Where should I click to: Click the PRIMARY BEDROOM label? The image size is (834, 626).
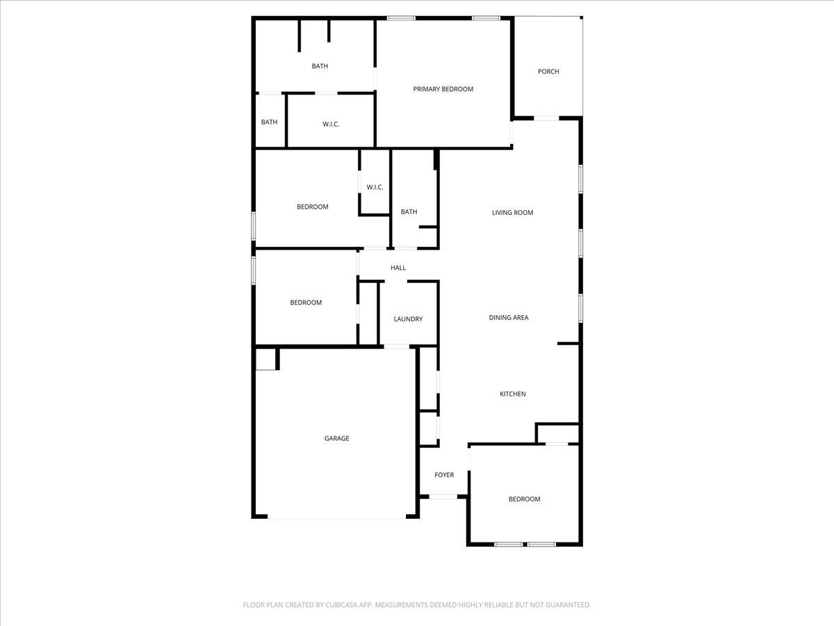443,89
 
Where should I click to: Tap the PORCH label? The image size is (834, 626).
548,72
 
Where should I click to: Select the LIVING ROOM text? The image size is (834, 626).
512,213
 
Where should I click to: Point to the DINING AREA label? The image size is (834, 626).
509,318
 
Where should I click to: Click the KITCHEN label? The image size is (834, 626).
513,394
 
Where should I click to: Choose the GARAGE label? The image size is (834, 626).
336,439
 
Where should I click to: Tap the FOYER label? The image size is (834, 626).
444,475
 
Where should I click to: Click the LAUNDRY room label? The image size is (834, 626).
408,319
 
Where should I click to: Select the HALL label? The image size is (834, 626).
398,268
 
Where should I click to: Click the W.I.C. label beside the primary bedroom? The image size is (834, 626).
331,125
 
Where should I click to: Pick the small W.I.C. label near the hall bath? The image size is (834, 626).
375,187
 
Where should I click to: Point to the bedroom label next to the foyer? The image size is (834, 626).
524,499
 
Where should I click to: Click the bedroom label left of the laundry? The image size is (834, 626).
306,303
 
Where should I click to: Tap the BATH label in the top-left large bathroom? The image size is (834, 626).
320,66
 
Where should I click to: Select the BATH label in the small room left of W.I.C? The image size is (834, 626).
269,122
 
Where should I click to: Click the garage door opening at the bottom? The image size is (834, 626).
337,518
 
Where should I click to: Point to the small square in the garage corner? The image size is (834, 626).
265,359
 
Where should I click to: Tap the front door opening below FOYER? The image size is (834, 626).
443,497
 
